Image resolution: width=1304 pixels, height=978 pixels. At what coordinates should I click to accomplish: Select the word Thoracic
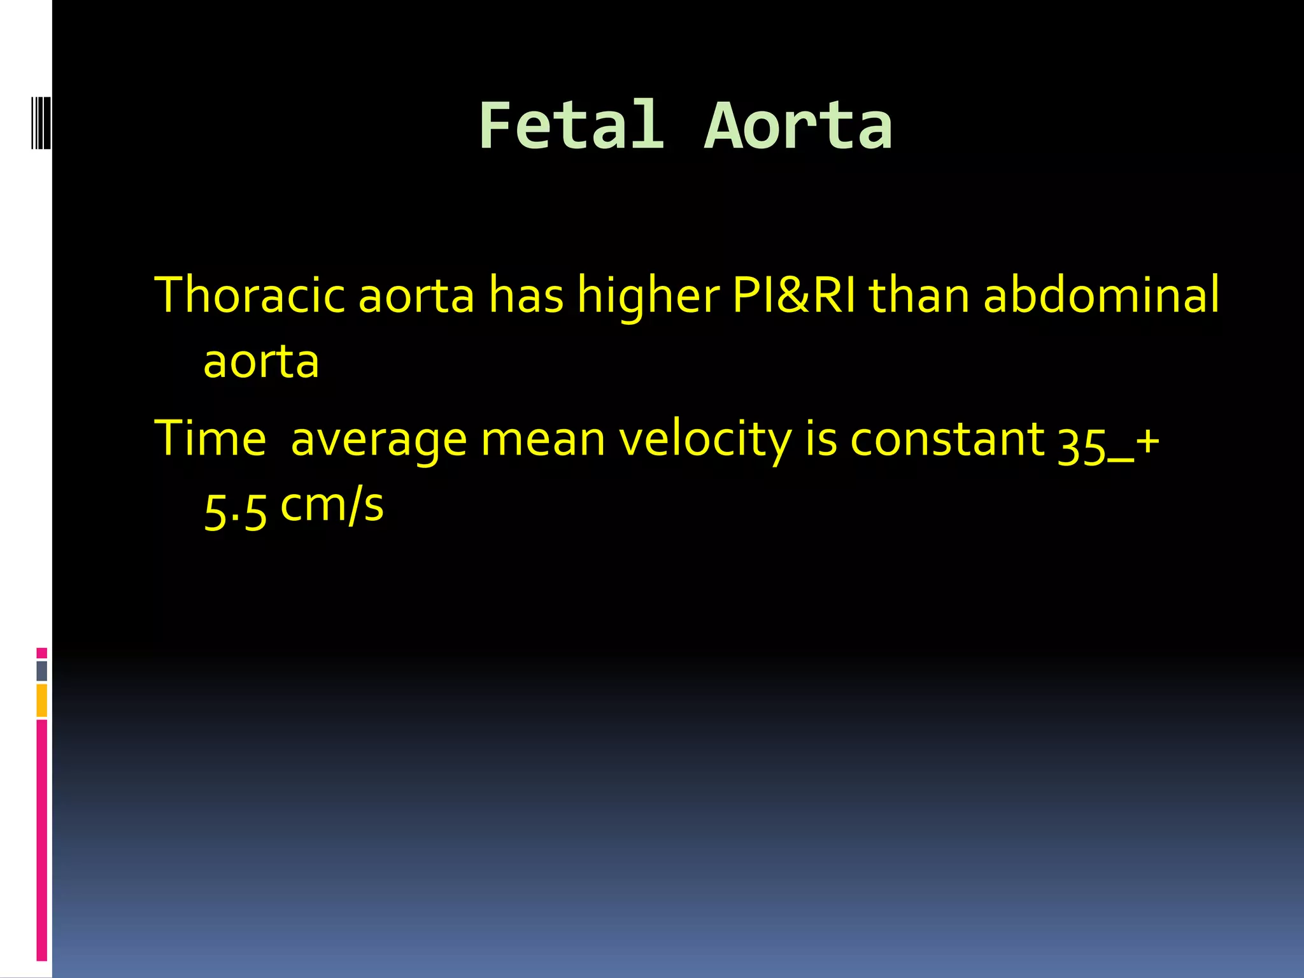tap(250, 295)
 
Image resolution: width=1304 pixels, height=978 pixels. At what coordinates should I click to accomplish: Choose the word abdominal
tap(1102, 295)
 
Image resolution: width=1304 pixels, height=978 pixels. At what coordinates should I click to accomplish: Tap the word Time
tap(210, 439)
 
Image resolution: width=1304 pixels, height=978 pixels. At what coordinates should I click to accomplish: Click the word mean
tap(542, 440)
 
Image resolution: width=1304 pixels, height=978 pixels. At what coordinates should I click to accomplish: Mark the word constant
tap(947, 439)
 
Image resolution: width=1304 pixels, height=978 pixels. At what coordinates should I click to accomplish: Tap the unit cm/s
tap(332, 506)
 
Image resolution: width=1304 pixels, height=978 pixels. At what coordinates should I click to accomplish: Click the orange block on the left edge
tap(41, 700)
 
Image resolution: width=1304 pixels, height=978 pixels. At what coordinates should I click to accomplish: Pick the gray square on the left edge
tap(41, 670)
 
